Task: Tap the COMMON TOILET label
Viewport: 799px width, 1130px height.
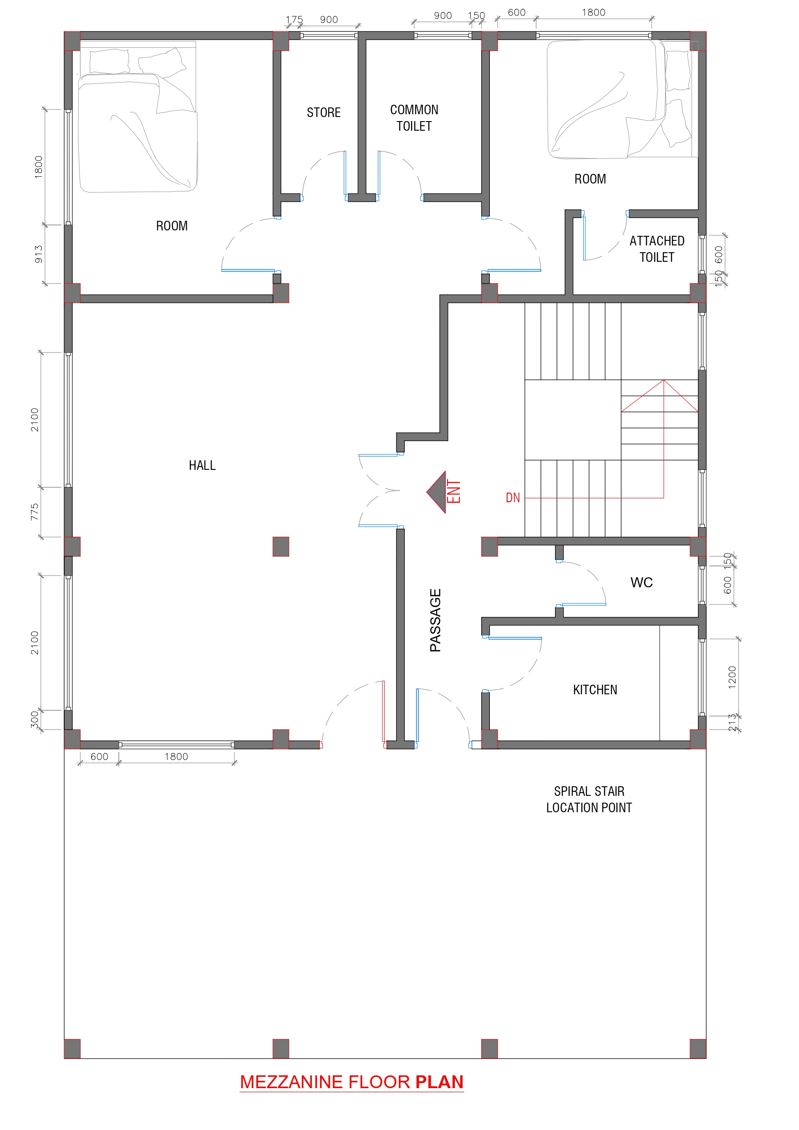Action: coord(414,117)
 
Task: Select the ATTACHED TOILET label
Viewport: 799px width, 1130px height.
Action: coord(657,249)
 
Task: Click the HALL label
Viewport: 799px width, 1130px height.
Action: coord(202,466)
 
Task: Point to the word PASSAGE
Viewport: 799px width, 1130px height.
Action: coord(435,620)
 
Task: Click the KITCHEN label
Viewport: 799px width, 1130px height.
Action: coord(595,690)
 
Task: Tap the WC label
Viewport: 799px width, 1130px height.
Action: coord(641,583)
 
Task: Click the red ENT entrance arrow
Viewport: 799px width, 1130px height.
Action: coord(438,492)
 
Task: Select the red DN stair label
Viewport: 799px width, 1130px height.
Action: coord(513,498)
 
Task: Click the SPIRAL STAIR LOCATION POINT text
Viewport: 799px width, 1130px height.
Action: coord(589,800)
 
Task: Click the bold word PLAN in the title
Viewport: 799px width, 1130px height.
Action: coord(439,1082)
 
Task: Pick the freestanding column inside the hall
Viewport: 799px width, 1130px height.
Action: coord(280,546)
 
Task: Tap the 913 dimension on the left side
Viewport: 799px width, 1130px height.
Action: coord(38,254)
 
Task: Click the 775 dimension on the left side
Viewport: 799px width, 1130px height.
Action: coord(34,512)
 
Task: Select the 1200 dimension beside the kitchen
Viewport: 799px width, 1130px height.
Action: coord(732,677)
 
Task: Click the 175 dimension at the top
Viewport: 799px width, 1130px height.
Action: coord(294,20)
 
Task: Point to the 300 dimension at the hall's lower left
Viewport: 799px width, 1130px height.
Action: coord(34,719)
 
